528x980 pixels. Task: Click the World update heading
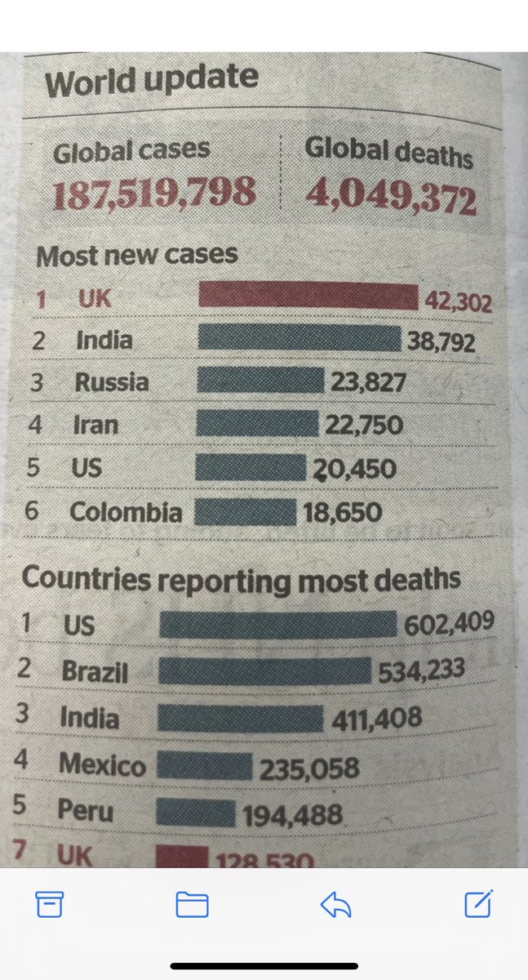[151, 81]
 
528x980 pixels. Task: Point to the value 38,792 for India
[441, 341]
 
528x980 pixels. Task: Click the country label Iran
[96, 425]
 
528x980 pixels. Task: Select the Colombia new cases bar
[246, 512]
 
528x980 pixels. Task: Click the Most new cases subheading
[137, 256]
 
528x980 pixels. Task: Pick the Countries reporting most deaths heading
[241, 579]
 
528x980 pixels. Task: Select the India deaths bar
[240, 718]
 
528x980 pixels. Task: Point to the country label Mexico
[103, 765]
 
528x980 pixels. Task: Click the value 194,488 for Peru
[291, 815]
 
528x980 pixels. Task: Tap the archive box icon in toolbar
[50, 904]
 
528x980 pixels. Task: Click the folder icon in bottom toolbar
[193, 904]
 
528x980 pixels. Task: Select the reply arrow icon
[335, 904]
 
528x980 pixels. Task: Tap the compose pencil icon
[477, 903]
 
